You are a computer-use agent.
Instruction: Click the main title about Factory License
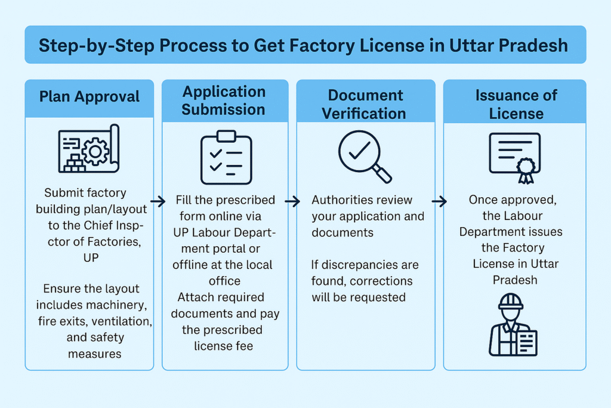[x=305, y=45]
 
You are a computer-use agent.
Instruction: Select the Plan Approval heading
[x=90, y=97]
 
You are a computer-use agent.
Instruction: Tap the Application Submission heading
[x=224, y=100]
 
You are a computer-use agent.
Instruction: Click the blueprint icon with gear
[x=89, y=149]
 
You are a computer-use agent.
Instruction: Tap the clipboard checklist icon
[x=226, y=157]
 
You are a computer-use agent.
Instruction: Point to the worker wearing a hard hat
[x=512, y=325]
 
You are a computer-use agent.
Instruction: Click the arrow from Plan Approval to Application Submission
[x=158, y=202]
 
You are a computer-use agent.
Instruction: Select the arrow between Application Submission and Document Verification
[x=292, y=202]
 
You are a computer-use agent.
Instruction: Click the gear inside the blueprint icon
[x=95, y=151]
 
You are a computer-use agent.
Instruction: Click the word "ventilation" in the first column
[x=124, y=321]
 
